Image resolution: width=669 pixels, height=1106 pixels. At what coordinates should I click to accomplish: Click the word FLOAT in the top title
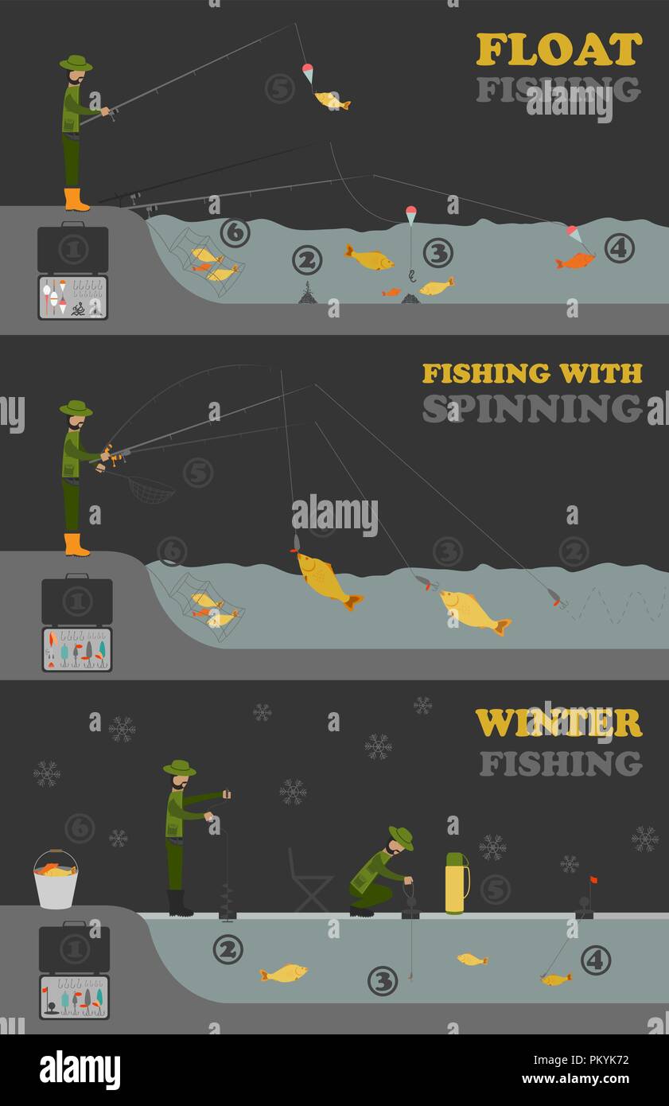click(x=558, y=49)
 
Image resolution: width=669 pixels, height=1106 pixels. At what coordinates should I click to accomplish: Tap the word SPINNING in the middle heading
click(x=531, y=408)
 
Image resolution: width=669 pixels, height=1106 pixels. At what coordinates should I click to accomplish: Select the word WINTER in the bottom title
click(x=558, y=723)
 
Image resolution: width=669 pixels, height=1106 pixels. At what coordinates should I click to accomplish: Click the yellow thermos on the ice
click(x=456, y=883)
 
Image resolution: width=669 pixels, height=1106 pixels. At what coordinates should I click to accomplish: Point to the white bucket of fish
click(x=56, y=882)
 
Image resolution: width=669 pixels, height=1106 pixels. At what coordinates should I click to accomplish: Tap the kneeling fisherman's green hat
click(x=401, y=837)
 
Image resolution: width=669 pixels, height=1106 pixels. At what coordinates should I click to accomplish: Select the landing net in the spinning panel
click(x=150, y=489)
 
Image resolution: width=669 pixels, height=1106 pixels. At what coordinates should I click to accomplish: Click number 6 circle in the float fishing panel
click(x=235, y=232)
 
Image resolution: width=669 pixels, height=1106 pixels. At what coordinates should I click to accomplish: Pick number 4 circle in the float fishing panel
click(x=619, y=248)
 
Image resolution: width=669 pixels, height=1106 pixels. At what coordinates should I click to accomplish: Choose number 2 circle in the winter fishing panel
click(x=228, y=949)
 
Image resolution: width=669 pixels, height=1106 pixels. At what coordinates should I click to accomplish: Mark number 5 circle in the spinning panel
click(x=198, y=473)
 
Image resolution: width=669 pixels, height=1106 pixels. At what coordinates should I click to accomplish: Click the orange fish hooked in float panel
click(x=575, y=260)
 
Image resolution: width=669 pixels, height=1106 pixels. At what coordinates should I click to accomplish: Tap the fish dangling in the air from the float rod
click(x=332, y=101)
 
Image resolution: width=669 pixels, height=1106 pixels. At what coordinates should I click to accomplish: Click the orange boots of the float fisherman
click(x=76, y=201)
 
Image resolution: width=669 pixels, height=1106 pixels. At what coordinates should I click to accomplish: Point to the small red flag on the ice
click(x=593, y=880)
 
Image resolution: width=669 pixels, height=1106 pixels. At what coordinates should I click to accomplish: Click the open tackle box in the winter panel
click(x=74, y=997)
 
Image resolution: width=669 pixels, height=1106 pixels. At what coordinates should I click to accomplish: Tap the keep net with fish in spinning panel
click(x=208, y=606)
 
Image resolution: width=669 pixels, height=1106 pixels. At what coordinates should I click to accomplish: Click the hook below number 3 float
click(x=411, y=276)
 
